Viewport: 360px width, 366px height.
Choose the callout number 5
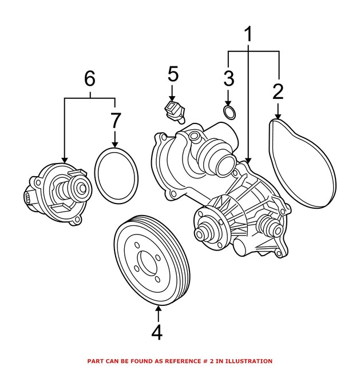173,74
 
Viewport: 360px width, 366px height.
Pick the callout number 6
90,78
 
